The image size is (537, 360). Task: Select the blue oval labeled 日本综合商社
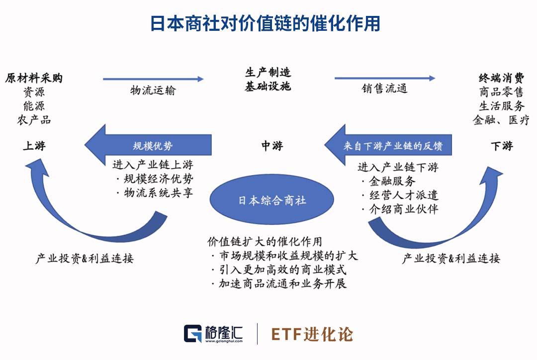coord(271,200)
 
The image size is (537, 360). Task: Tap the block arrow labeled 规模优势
coord(149,146)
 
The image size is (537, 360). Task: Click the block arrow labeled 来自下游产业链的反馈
coord(388,146)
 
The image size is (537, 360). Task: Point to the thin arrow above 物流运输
coord(153,79)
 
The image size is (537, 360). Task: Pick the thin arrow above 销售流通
coord(384,78)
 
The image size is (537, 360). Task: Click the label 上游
coord(34,146)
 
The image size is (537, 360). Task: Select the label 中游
coord(272,146)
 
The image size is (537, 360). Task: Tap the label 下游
coord(501,146)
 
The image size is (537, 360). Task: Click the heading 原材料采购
coord(34,78)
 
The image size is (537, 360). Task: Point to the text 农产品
coord(34,120)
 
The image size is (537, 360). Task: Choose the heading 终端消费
coord(501,78)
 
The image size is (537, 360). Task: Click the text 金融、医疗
coord(501,120)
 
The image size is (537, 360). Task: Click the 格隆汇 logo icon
coord(192,334)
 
